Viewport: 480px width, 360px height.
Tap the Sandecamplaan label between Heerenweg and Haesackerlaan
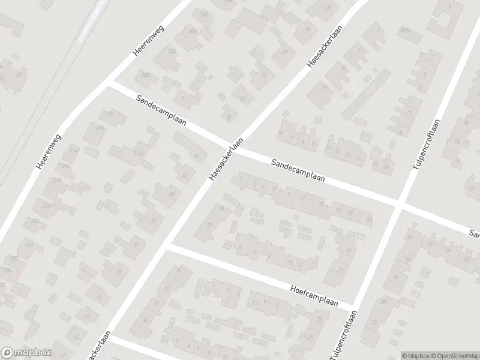[161, 110]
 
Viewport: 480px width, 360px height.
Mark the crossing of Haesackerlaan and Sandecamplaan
[239, 149]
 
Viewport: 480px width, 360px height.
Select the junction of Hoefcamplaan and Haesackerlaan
[168, 246]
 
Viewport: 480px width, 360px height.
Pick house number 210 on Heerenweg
[109, 113]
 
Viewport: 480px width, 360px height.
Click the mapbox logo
[26, 352]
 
